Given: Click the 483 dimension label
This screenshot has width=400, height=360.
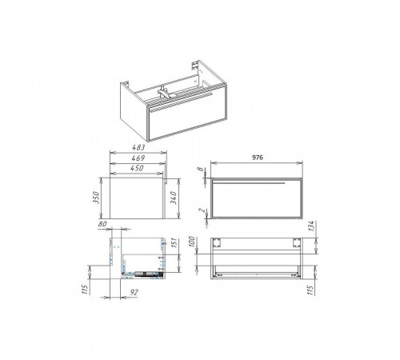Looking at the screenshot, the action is (x=138, y=147).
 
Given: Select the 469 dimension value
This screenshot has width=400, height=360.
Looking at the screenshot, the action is (x=138, y=158).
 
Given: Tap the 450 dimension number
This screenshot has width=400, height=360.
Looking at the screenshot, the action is (x=137, y=168).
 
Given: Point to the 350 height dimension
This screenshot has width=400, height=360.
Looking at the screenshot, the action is (x=96, y=198).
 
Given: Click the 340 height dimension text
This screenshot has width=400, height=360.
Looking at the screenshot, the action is (x=174, y=198).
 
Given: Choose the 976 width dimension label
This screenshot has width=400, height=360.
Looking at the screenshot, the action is (x=258, y=158).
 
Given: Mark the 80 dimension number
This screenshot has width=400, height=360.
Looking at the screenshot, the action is (x=102, y=224).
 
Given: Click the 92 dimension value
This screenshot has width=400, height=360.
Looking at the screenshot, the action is (x=134, y=293).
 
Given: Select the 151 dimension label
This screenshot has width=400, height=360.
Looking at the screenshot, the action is (x=174, y=243).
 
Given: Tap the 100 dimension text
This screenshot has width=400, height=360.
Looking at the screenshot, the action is (x=192, y=242).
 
